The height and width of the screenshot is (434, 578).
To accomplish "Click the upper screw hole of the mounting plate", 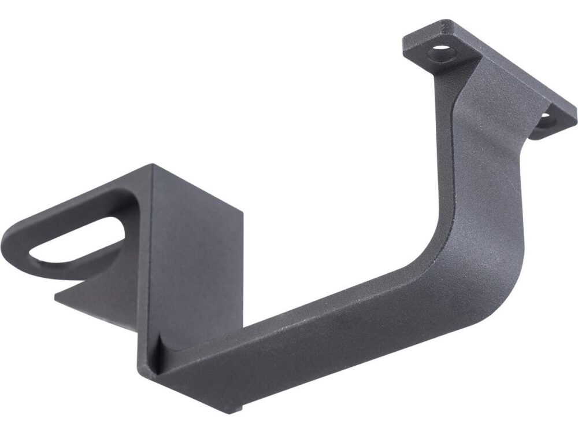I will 442,52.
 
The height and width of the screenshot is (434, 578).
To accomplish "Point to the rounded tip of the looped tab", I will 12,243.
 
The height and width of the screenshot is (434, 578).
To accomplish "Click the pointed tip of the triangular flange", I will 57,298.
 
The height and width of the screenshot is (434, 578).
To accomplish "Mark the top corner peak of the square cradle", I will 154,165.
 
